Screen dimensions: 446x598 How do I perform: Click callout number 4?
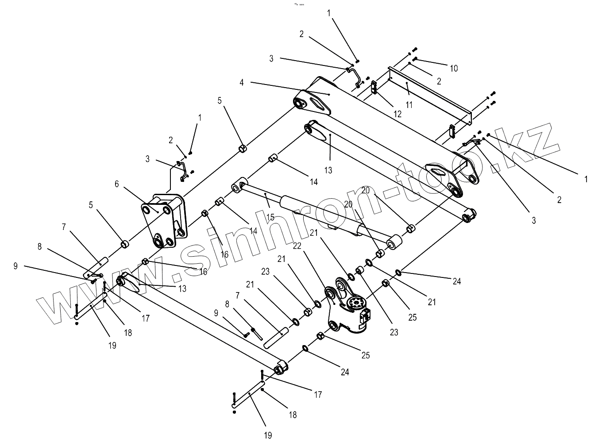coord(254,82)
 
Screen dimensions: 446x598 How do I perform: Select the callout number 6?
coord(117,184)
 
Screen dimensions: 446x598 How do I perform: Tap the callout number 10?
coord(454,68)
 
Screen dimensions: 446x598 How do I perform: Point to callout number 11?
coord(409,105)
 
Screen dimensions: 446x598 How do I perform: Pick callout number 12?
coord(397,114)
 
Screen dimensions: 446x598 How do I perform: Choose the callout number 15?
coord(270,217)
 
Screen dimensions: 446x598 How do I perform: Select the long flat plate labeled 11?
coord(429,93)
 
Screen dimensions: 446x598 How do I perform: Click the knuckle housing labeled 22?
coord(345,310)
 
